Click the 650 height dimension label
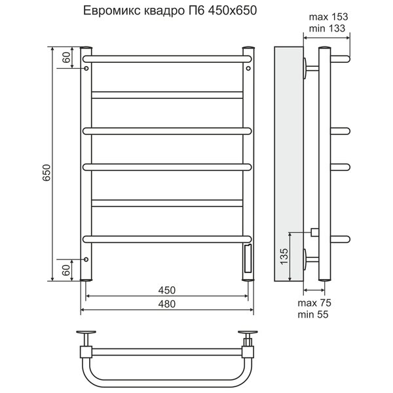[47, 173]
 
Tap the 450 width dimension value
[167, 290]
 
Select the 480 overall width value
[167, 304]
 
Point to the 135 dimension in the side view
[284, 256]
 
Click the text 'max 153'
[328, 17]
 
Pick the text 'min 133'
[327, 28]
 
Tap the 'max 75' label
[314, 303]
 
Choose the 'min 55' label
[313, 314]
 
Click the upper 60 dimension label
[66, 58]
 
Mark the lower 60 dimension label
[66, 270]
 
